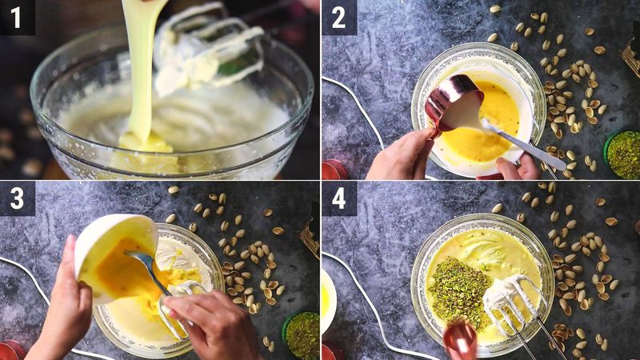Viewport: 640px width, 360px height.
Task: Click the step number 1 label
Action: pyautogui.click(x=17, y=17)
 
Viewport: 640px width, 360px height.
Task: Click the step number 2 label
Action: pyautogui.click(x=338, y=17)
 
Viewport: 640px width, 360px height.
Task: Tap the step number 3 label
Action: pyautogui.click(x=17, y=198)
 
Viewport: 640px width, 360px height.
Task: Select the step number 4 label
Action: pyautogui.click(x=338, y=198)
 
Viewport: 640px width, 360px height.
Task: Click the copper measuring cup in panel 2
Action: pyautogui.click(x=452, y=104)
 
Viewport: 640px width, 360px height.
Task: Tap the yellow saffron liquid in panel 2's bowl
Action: pyautogui.click(x=488, y=128)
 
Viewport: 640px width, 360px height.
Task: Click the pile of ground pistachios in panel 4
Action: pyautogui.click(x=459, y=292)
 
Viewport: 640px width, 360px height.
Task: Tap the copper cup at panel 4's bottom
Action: pyautogui.click(x=461, y=340)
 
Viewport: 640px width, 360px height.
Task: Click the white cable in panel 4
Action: pyautogui.click(x=368, y=304)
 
